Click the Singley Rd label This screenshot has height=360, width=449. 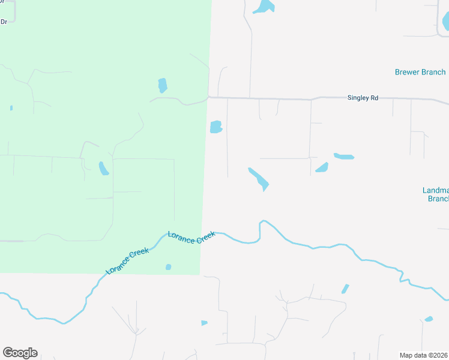coord(363,97)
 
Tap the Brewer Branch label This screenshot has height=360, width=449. coord(420,72)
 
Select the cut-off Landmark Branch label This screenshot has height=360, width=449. coord(436,194)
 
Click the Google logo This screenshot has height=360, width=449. coord(20,353)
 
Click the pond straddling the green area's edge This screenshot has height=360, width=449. coord(216,127)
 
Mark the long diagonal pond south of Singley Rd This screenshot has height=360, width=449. coord(259,179)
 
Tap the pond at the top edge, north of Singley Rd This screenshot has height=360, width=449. coord(264,7)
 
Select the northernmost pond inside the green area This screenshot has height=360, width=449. coord(162,85)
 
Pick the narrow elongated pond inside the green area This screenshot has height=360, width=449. coord(104,168)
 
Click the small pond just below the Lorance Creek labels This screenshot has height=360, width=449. coord(169,267)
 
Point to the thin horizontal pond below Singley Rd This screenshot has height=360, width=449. coord(344,157)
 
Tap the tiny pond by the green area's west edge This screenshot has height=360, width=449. coord(11,108)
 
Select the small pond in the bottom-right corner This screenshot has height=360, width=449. coord(429,319)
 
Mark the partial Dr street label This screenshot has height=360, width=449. coord(4,22)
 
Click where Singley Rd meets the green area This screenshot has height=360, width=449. coord(208,97)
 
